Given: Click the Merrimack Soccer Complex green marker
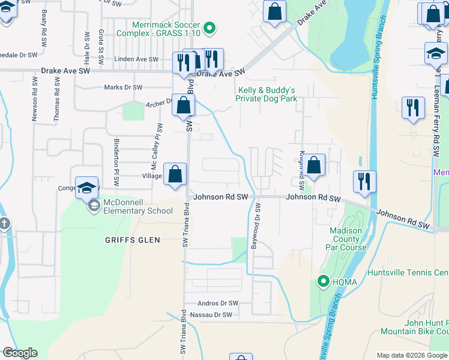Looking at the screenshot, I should [209, 28].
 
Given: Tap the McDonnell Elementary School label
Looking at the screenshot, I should [137, 206].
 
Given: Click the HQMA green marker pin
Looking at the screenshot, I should [323, 280].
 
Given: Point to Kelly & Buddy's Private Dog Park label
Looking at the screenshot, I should [266, 94].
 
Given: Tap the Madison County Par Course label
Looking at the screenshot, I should [346, 239].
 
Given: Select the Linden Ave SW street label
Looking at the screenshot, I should [136, 59].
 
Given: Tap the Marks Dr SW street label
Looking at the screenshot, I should [123, 87].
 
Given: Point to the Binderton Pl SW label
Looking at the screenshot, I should [116, 163].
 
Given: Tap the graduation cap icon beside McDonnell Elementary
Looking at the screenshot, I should [86, 188].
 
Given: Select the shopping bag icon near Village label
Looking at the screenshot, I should [174, 175].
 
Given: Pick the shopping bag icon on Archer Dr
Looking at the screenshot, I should [183, 106].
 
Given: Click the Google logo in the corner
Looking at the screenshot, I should [20, 353].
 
